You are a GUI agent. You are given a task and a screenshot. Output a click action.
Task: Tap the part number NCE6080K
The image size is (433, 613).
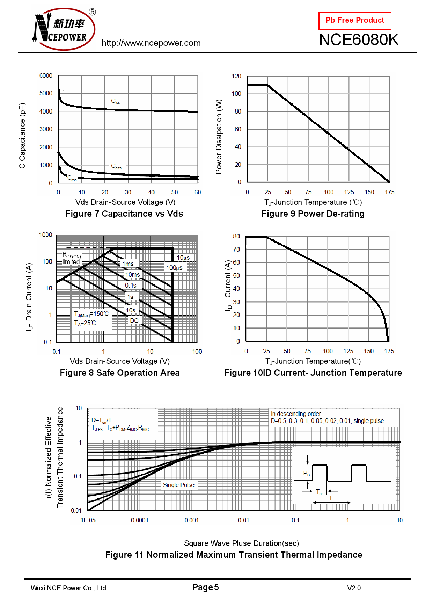[359, 40]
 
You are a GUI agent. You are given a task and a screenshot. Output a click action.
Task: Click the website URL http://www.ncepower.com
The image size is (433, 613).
[151, 43]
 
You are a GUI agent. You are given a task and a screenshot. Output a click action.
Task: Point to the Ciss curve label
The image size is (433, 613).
[116, 101]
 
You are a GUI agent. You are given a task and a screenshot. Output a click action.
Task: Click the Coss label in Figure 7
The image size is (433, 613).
[116, 166]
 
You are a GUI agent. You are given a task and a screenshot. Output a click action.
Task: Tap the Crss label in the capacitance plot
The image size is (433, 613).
[72, 178]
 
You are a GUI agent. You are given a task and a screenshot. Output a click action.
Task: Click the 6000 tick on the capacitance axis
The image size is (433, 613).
[46, 76]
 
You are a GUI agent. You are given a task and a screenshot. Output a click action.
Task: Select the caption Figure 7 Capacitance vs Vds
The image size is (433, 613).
[124, 214]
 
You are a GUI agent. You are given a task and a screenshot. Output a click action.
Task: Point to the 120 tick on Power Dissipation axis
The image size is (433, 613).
[236, 76]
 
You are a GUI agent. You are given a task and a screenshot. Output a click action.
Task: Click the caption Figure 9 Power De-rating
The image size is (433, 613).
[313, 214]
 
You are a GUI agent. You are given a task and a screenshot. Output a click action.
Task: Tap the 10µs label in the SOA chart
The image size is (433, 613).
[183, 258]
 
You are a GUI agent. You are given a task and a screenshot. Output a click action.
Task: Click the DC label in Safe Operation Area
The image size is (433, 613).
[134, 321]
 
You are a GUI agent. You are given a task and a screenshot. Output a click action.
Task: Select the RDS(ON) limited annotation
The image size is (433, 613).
[72, 259]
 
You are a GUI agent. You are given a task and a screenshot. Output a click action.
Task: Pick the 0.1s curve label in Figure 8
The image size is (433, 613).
[131, 286]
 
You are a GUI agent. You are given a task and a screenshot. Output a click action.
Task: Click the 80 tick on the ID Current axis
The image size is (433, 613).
[236, 236]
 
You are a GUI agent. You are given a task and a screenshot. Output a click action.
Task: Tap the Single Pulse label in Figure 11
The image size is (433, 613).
[178, 485]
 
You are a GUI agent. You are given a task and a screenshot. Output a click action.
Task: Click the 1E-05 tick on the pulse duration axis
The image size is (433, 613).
[88, 520]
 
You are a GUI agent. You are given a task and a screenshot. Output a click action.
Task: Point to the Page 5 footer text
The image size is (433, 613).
[205, 587]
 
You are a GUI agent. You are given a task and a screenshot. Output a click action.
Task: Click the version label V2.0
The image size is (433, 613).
[354, 588]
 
